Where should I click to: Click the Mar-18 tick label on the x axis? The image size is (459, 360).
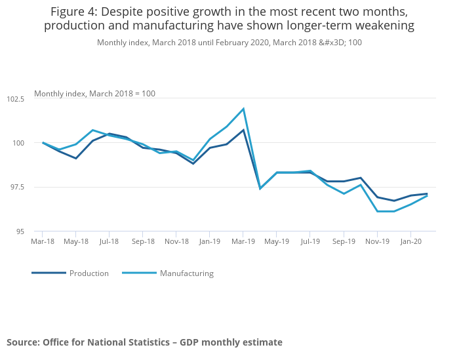[x=43, y=241]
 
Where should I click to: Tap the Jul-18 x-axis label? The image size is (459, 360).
[x=110, y=241]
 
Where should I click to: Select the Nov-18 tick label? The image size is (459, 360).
[x=176, y=241]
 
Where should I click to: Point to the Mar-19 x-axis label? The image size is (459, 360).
[x=243, y=241]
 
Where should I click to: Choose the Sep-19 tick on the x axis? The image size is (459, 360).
[x=343, y=241]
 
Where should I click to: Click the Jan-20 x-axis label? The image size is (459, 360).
[x=410, y=241]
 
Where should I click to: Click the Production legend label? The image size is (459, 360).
[x=89, y=273]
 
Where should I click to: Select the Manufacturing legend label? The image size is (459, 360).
[x=187, y=273]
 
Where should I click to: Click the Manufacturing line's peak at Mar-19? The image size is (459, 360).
[x=243, y=109]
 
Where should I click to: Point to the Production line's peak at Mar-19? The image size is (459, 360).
[x=243, y=130]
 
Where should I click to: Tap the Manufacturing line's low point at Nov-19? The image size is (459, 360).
[x=377, y=211]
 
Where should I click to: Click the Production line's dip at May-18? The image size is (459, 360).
[x=76, y=158]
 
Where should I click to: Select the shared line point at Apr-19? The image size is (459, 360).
[x=260, y=188]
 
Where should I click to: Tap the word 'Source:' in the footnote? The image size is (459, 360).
[x=23, y=342]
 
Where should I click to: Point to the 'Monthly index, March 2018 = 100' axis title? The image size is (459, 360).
[x=94, y=94]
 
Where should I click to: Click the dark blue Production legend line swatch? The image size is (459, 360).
[x=49, y=273]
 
